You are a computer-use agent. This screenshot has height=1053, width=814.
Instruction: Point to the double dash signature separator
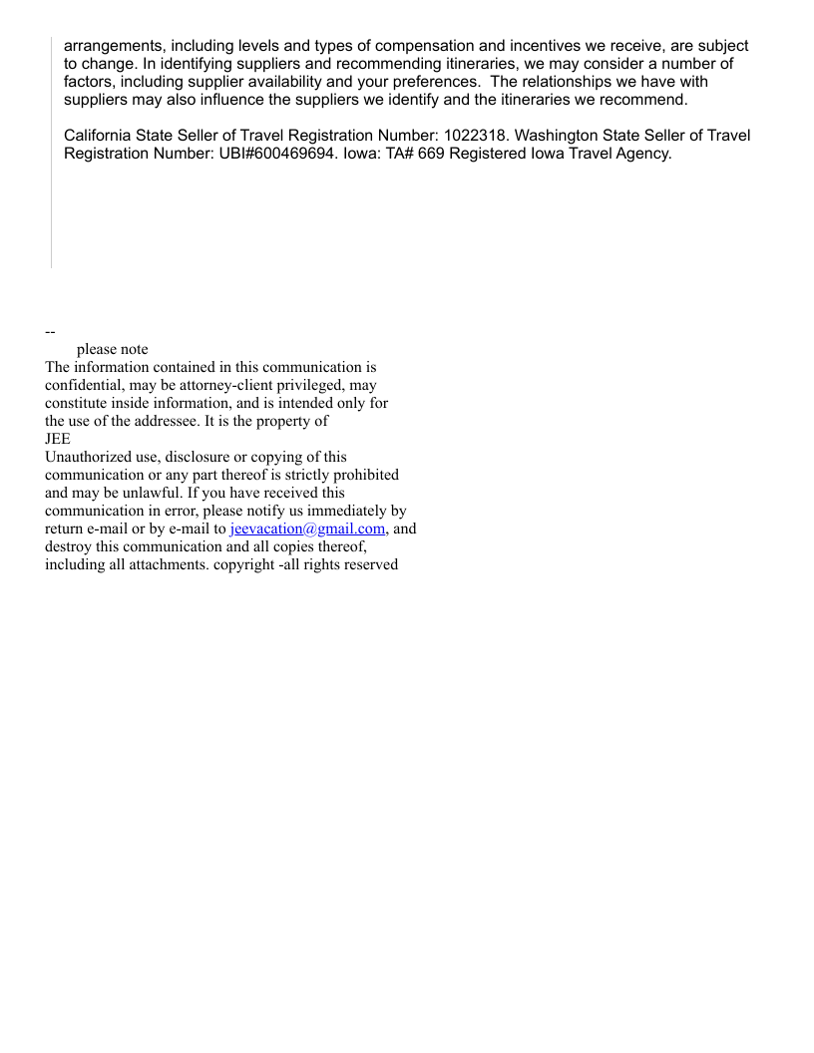tap(50, 331)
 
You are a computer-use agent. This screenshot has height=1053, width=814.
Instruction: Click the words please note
tap(112, 349)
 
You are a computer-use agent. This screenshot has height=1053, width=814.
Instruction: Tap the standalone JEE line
tap(58, 439)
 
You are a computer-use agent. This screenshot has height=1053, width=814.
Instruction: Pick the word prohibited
tap(362, 475)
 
